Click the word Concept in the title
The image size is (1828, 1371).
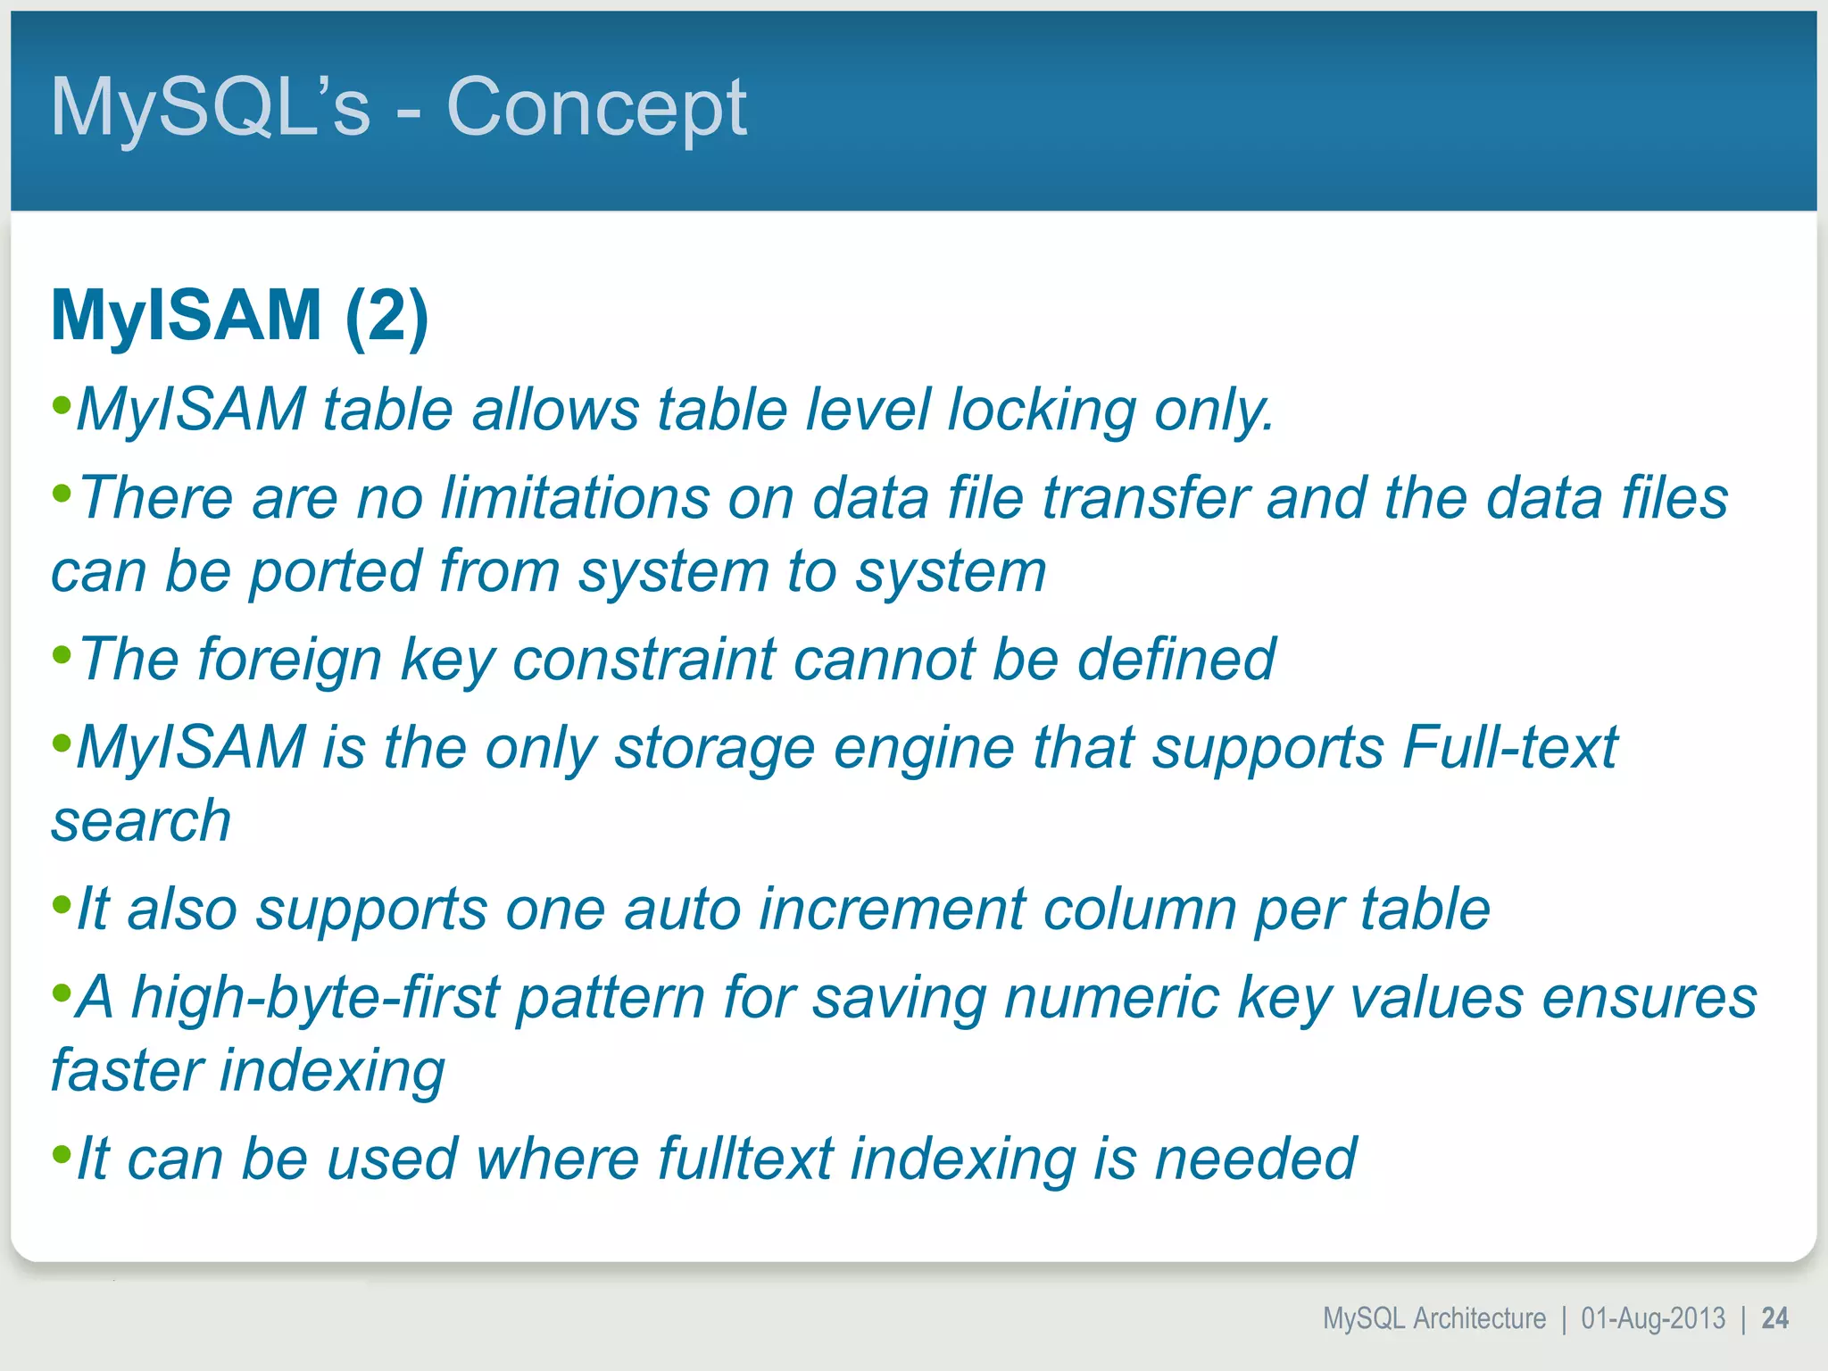[595, 108]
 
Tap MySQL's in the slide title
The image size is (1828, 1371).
[210, 108]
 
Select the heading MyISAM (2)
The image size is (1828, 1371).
[239, 315]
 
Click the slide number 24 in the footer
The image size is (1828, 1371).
[1774, 1318]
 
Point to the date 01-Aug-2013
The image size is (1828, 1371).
[1653, 1318]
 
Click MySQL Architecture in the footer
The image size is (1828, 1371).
[1433, 1318]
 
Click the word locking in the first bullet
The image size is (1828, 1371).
[1041, 411]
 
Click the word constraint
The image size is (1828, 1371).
[644, 661]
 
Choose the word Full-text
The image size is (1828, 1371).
[1509, 747]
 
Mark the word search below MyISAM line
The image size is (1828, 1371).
[141, 821]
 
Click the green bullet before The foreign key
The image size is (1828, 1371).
[62, 655]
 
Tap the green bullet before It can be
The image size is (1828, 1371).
[62, 1154]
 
